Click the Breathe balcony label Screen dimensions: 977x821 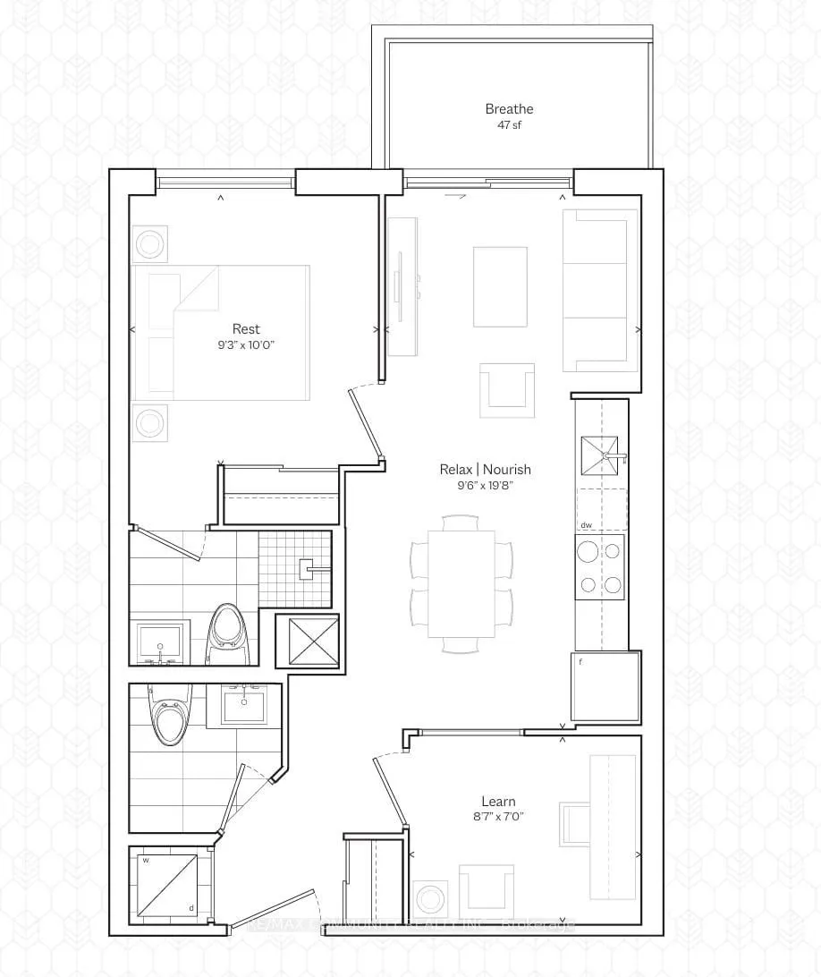tap(509, 109)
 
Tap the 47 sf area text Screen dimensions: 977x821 tap(509, 125)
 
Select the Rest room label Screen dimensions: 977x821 tap(246, 329)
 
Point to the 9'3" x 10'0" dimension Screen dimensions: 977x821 tap(246, 345)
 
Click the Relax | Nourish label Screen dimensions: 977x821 tap(485, 469)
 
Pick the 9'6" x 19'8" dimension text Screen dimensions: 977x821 tap(485, 485)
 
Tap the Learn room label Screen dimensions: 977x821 tap(498, 802)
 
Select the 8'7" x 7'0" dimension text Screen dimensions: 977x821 tap(498, 817)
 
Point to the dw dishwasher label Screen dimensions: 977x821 tap(587, 526)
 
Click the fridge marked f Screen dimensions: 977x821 tap(605, 685)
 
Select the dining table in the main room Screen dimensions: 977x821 tap(461, 583)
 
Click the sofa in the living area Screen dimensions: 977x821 tap(599, 290)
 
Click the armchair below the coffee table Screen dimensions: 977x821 tap(507, 390)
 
